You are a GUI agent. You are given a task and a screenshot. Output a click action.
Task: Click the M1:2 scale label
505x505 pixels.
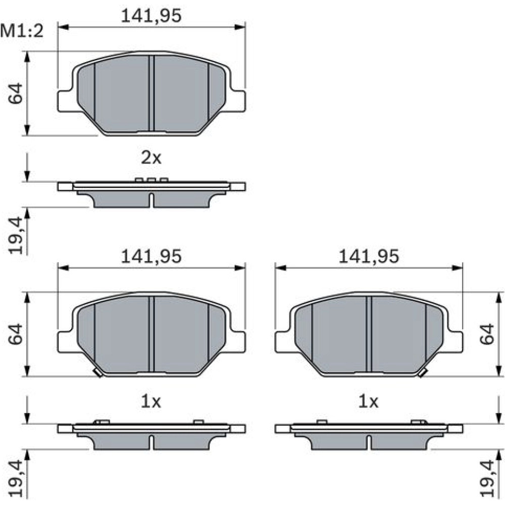click(x=22, y=31)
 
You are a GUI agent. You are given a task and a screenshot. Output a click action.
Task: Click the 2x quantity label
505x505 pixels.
click(x=151, y=158)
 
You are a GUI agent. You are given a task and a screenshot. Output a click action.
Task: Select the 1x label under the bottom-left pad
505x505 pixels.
click(x=150, y=401)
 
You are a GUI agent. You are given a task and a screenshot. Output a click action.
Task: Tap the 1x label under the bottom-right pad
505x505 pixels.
click(x=369, y=401)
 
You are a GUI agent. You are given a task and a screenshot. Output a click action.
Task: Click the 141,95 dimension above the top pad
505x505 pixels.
click(x=151, y=16)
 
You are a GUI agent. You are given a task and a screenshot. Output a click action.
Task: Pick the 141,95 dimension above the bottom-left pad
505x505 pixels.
click(x=151, y=257)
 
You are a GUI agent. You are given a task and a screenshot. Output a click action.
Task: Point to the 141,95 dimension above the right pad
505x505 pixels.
click(x=369, y=257)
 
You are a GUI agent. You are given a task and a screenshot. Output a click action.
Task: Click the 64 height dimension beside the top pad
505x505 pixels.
click(x=16, y=93)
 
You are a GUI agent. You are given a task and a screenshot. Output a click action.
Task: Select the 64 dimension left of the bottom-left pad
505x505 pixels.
click(x=16, y=334)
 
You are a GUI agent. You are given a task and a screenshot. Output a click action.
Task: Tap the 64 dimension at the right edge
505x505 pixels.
click(x=487, y=334)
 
